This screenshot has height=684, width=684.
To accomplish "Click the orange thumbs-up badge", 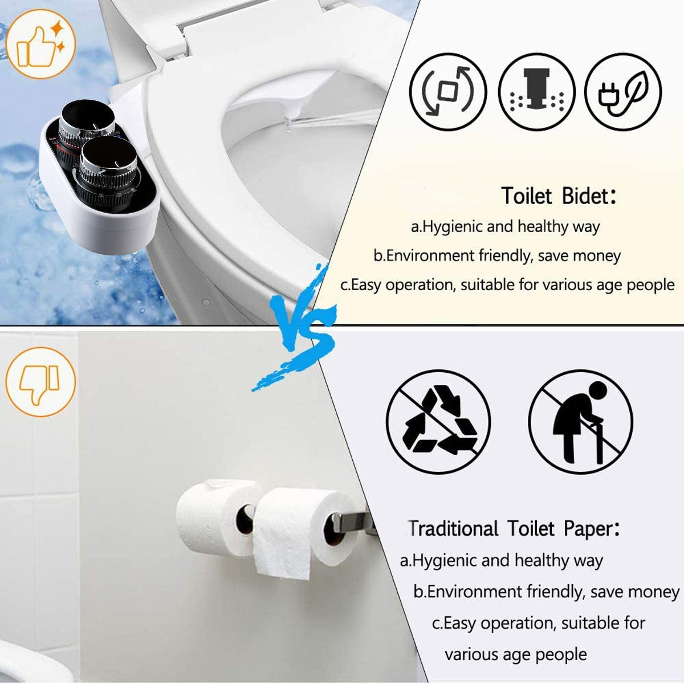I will coord(40,44).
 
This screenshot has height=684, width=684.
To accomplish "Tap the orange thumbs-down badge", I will coord(40,381).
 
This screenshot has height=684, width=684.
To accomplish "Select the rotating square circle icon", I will coord(448,91).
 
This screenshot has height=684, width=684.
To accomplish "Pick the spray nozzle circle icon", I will coord(537,91).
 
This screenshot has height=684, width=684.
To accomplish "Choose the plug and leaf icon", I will coord(623,91).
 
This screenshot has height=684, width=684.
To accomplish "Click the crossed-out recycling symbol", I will coord(438,422).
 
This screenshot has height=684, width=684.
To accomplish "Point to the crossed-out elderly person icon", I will coord(580,422).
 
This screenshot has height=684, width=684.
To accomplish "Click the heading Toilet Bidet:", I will coord(559,197).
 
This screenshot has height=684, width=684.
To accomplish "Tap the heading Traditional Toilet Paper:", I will coord(513,529).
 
